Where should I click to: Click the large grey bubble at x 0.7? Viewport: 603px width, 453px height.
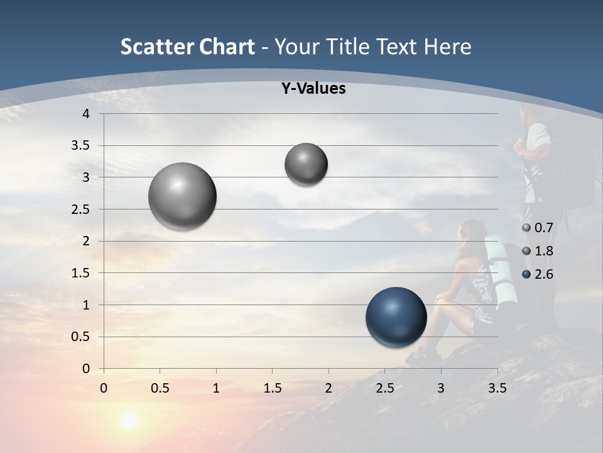(183, 196)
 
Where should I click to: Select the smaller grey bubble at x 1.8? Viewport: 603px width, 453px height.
(306, 164)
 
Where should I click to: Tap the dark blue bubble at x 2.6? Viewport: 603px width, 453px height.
(396, 317)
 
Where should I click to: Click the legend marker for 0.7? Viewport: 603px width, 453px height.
(526, 228)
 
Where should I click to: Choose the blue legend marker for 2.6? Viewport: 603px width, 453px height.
(526, 274)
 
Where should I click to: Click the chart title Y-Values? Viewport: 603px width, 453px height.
(313, 89)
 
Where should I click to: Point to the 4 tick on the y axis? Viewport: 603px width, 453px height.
(87, 114)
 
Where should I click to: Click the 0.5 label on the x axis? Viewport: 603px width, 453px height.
(160, 388)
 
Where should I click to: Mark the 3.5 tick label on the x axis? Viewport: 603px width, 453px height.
(497, 388)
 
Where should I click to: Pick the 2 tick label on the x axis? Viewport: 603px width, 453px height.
(329, 388)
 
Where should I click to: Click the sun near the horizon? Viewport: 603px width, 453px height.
(129, 420)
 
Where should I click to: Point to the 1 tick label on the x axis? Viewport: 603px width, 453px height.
(216, 388)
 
